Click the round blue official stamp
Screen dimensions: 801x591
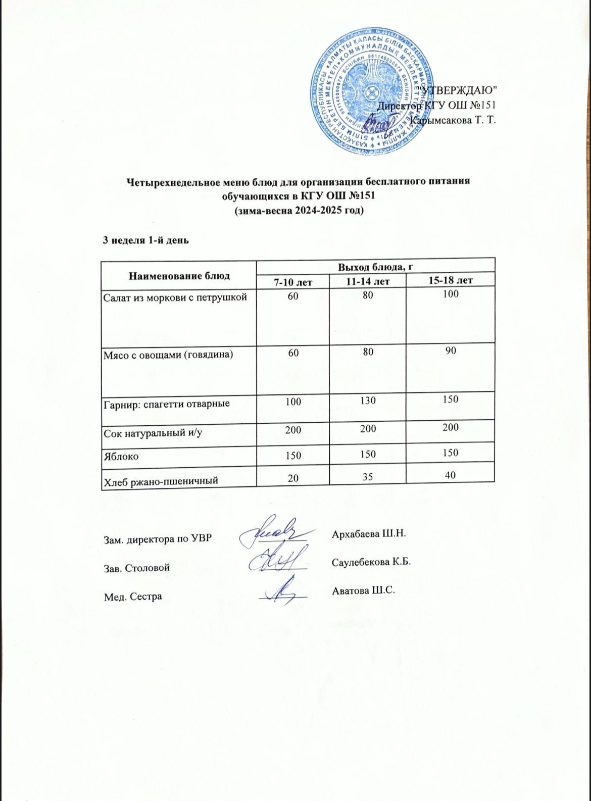[372, 90]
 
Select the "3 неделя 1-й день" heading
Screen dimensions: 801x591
[146, 240]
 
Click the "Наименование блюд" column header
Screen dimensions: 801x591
[179, 276]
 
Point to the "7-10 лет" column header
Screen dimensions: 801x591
[292, 281]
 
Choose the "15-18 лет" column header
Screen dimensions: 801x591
[450, 280]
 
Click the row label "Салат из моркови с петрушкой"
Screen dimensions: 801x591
[175, 297]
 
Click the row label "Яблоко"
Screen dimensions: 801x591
[121, 456]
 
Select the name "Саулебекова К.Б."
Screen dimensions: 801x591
[371, 562]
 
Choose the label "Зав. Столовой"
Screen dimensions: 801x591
[136, 567]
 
